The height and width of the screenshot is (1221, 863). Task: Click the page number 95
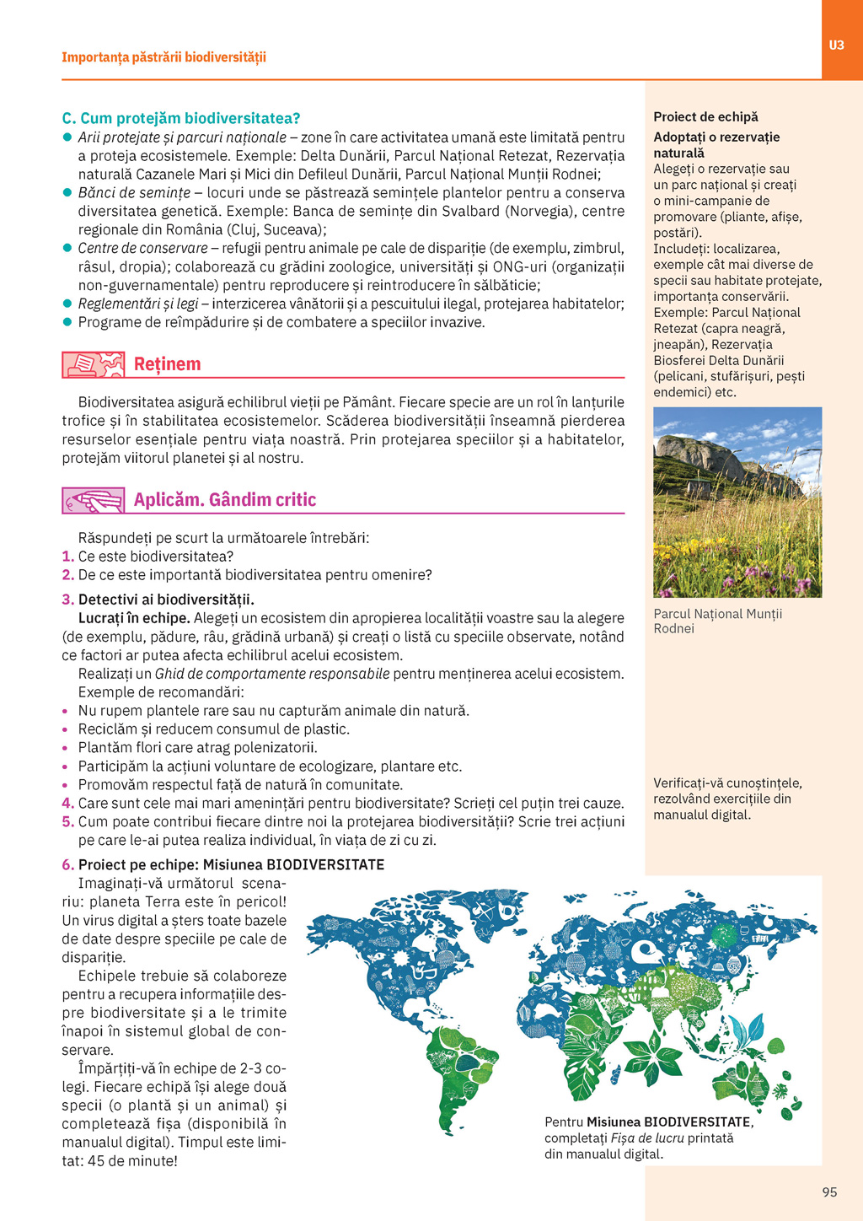pyautogui.click(x=829, y=1191)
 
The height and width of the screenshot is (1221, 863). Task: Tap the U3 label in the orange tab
pyautogui.click(x=836, y=46)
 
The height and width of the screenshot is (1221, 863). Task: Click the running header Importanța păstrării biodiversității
pyautogui.click(x=163, y=57)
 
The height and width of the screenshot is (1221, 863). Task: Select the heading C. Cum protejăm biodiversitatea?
pyautogui.click(x=181, y=118)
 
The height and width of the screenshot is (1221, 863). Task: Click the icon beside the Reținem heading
pyautogui.click(x=93, y=364)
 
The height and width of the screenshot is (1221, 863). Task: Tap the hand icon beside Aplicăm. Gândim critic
pyautogui.click(x=93, y=500)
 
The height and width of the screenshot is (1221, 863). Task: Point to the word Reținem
pyautogui.click(x=167, y=364)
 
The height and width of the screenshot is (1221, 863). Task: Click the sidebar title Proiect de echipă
pyautogui.click(x=705, y=117)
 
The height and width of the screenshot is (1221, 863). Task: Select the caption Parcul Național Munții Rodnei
pyautogui.click(x=717, y=621)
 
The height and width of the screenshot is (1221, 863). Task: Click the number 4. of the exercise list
pyautogui.click(x=67, y=804)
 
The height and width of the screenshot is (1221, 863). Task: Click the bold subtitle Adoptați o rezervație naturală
pyautogui.click(x=716, y=145)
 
